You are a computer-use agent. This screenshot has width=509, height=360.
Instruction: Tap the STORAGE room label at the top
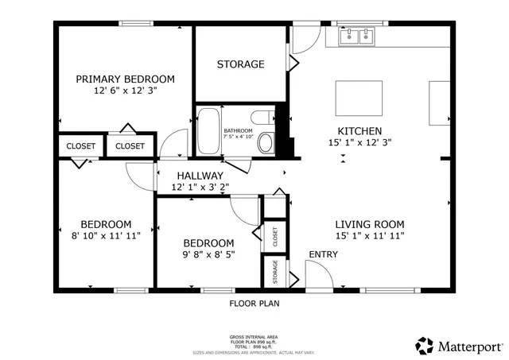[241, 64]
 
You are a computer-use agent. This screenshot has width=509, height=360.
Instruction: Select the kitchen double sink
[356, 36]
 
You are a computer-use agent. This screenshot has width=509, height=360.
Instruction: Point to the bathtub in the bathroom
[209, 131]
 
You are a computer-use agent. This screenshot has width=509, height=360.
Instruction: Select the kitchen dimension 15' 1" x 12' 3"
[360, 142]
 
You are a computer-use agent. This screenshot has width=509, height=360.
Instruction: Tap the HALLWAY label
[200, 176]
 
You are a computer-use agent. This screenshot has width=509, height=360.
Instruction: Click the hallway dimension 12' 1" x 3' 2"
[200, 188]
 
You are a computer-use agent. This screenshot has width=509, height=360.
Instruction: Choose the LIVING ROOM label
[369, 224]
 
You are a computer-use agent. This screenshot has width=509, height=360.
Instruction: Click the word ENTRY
[323, 254]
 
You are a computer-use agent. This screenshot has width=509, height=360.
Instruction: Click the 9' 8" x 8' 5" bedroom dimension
[208, 255]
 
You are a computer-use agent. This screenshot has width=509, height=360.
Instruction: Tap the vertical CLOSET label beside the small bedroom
[275, 237]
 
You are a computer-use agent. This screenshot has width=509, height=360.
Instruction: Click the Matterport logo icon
[425, 346]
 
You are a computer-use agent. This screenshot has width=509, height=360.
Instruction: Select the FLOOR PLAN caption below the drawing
[254, 303]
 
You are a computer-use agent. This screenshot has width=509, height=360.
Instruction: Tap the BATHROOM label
[238, 130]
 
